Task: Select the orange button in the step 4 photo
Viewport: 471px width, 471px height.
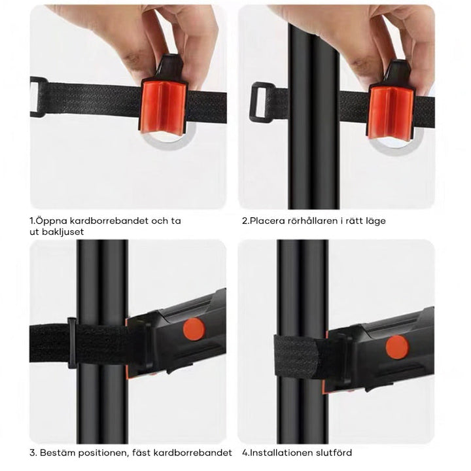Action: tap(394, 347)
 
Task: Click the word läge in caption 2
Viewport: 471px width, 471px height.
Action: tap(375, 220)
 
